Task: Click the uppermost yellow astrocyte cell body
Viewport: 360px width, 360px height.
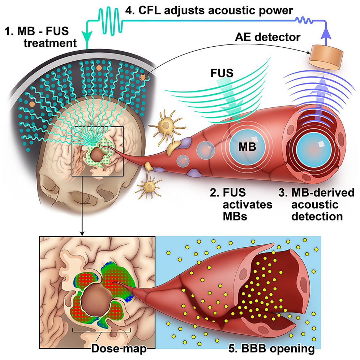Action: (x=165, y=125)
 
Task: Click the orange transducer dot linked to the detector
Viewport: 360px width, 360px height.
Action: (x=144, y=77)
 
